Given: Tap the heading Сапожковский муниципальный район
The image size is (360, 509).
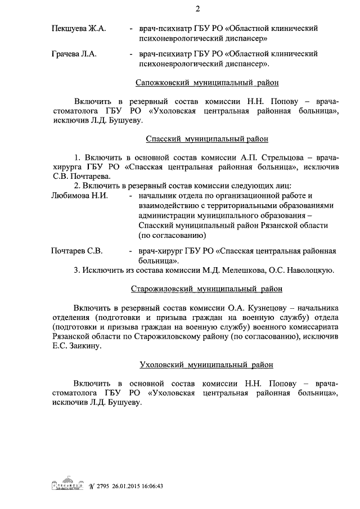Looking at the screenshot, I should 207,83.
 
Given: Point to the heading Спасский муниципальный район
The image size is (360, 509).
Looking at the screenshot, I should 206,138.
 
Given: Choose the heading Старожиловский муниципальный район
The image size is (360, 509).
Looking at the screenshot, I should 206,289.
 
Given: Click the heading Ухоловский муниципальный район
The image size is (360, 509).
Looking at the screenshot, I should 206,364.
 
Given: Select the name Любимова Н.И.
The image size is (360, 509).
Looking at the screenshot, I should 79,196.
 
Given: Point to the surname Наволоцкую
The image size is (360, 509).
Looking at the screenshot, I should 312,271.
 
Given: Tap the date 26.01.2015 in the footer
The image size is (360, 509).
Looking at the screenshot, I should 129,487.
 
